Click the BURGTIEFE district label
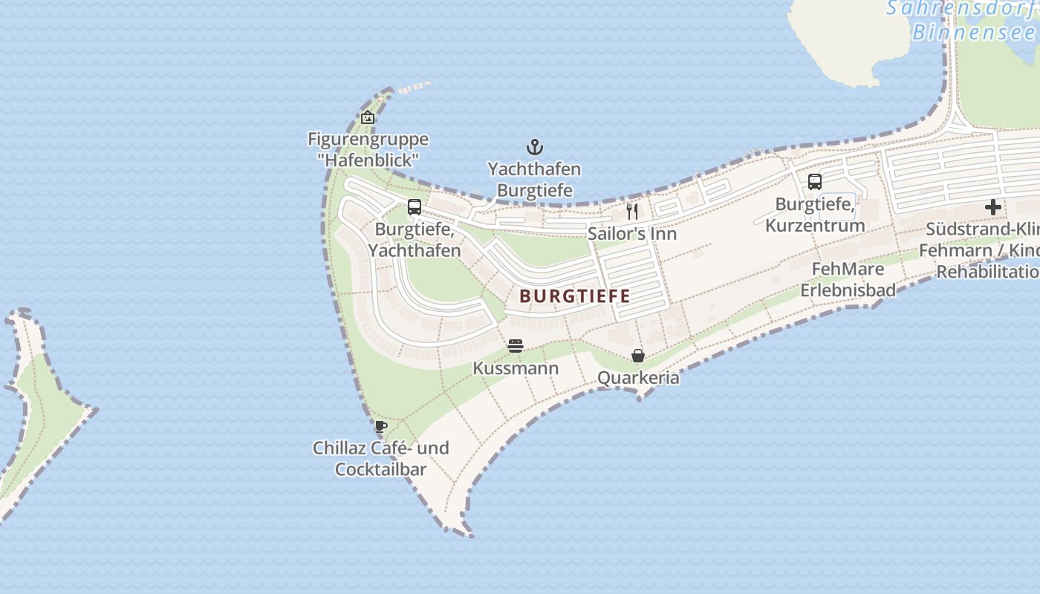pos(574,296)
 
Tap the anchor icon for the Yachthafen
pos(534,147)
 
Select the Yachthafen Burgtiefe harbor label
pos(534,180)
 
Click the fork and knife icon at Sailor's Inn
pos(632,212)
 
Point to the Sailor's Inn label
pos(632,234)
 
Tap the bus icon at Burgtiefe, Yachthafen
pos(415,207)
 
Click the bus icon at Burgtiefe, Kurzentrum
pos(815,181)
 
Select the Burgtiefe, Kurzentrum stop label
pos(815,215)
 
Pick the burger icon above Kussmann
pos(516,346)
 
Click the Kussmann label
pos(516,368)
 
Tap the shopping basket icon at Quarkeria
pos(638,356)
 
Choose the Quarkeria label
pos(638,378)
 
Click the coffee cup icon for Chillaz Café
pos(381,426)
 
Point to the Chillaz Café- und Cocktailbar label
pos(380,458)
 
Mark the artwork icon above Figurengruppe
pos(368,117)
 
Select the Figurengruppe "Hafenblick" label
pos(368,149)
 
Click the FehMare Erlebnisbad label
pos(848,279)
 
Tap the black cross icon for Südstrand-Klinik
pos(993,207)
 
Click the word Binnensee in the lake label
pos(973,33)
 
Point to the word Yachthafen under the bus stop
pos(415,251)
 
